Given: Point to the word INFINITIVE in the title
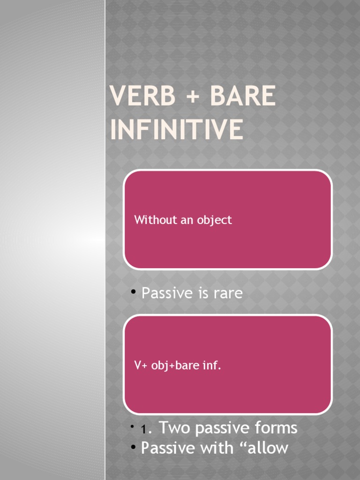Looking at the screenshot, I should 177,130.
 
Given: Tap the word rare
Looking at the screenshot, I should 226,293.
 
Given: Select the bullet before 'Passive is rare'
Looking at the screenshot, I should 133,292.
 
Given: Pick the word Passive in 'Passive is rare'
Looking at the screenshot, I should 166,293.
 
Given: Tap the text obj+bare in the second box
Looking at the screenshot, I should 175,366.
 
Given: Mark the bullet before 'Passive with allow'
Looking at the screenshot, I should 133,446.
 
